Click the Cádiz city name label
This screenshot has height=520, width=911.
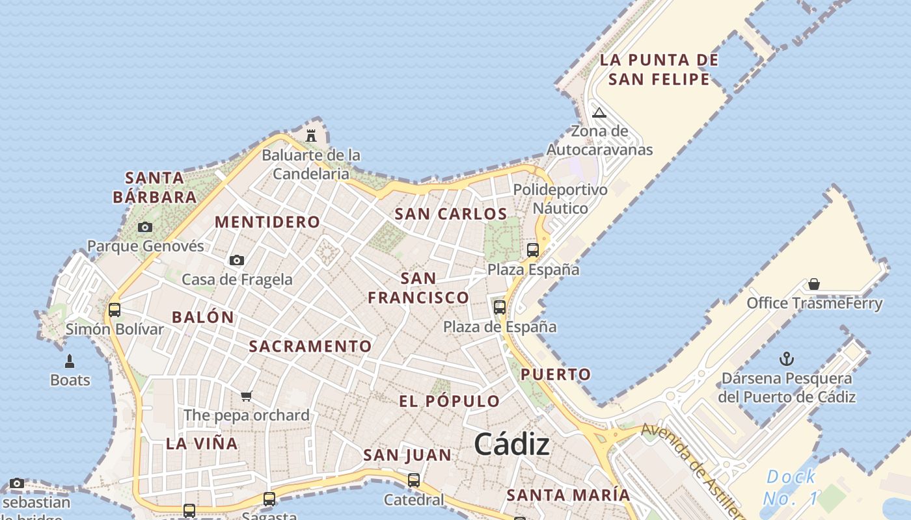[x=511, y=445]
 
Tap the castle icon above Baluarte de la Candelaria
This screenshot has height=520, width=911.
[x=311, y=136]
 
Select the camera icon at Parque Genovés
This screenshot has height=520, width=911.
[x=145, y=227]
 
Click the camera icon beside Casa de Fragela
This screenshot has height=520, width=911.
[x=237, y=260]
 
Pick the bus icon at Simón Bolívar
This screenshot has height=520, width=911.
[x=115, y=309]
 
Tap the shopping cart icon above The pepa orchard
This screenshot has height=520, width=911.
[x=246, y=396]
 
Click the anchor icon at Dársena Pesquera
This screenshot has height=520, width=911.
[x=787, y=359]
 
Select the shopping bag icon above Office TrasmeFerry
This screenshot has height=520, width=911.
[x=813, y=284]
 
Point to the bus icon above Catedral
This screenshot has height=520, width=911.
[x=414, y=480]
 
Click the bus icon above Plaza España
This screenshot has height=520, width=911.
[x=533, y=250]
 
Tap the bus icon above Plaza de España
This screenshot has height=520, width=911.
[x=500, y=307]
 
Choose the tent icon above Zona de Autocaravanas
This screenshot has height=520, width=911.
[x=599, y=112]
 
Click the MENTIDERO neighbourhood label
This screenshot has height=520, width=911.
[x=267, y=222]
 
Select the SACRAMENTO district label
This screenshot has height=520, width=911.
[x=310, y=346]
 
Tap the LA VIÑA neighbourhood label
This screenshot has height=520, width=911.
[x=202, y=444]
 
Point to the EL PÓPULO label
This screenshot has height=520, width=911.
[x=450, y=401]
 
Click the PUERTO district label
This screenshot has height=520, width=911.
[x=556, y=374]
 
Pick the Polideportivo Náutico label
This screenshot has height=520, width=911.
[x=560, y=199]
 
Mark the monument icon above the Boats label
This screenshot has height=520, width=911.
[x=70, y=361]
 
